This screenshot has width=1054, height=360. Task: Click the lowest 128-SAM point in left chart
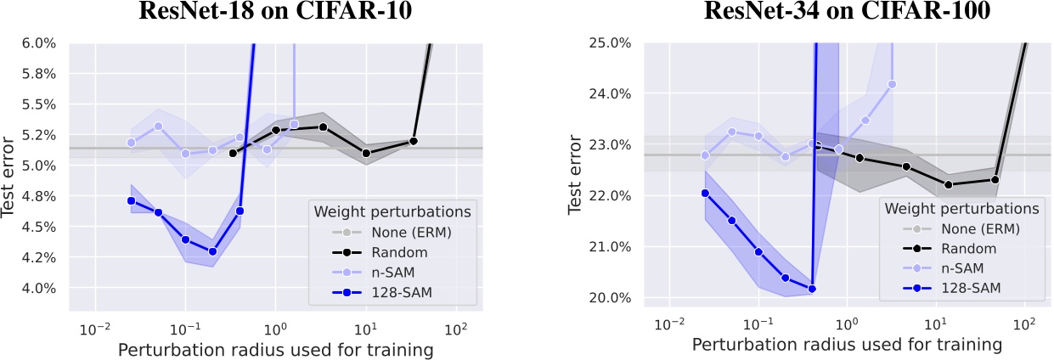212,251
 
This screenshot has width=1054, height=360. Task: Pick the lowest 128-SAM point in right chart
812,289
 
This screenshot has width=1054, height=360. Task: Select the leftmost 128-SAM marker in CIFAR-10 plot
131,200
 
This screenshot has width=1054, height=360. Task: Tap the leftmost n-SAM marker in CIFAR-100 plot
705,155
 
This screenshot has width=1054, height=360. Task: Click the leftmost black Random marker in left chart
233,153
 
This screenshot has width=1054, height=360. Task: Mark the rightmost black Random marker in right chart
995,179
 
